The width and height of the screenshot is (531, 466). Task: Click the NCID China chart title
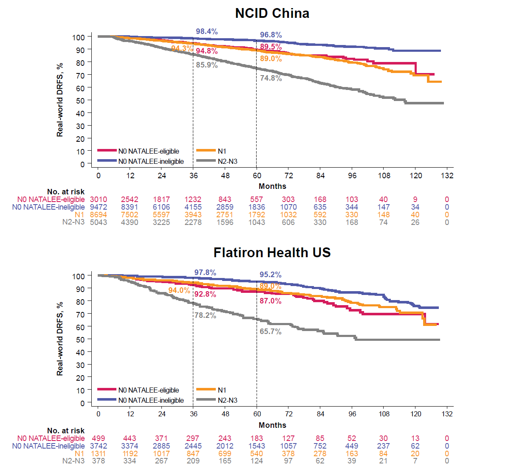point(272,14)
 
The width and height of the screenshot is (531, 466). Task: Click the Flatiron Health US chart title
point(272,253)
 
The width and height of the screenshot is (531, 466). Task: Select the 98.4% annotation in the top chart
point(206,31)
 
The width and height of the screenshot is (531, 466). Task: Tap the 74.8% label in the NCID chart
point(271,78)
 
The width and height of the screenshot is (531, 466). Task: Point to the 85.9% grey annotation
point(206,65)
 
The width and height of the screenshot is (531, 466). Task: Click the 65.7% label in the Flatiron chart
point(271,331)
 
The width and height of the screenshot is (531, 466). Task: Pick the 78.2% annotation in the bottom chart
point(205,315)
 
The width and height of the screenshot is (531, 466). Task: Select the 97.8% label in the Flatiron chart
point(205,272)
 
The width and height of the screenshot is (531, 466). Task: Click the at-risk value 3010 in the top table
point(99,199)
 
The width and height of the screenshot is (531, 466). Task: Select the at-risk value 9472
point(99,207)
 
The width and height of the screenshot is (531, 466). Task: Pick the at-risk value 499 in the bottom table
point(99,438)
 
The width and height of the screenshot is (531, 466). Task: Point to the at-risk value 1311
point(99,454)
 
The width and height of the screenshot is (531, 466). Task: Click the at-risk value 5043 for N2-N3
point(99,222)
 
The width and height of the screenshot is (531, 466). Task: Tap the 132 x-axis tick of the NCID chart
point(447,176)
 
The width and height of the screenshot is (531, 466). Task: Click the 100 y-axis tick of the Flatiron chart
point(79,276)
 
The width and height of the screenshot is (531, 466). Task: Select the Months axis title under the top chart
point(272,186)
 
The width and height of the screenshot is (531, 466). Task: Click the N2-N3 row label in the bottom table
point(73,461)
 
